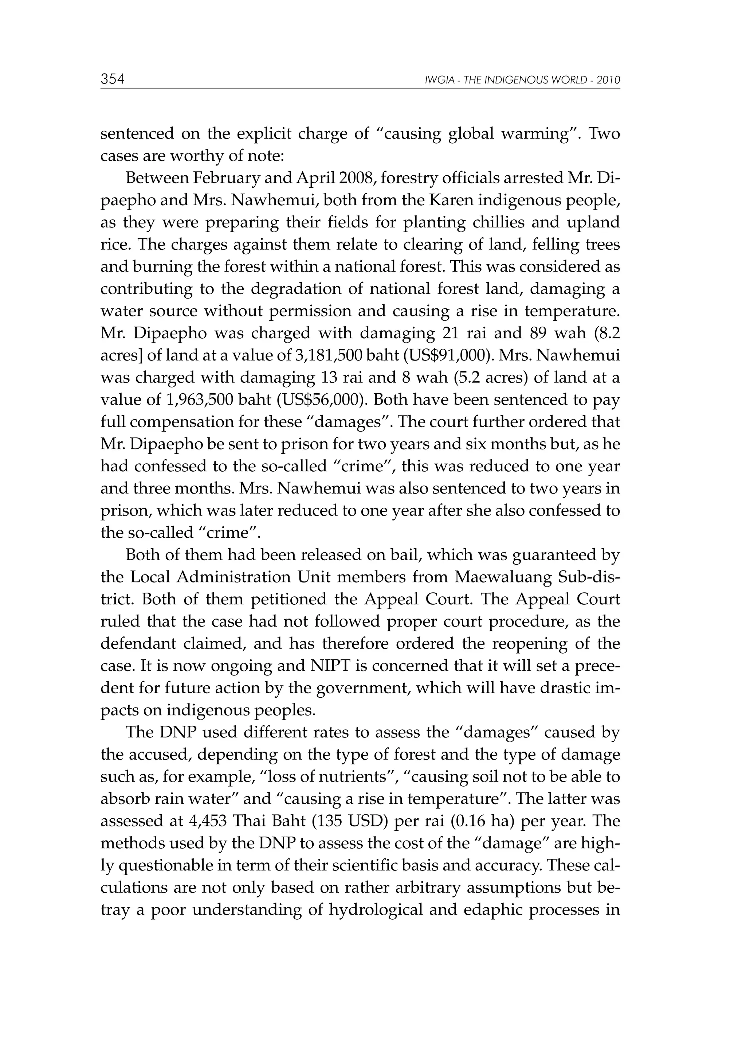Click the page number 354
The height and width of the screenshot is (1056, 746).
[112, 79]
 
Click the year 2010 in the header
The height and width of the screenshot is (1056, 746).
[609, 81]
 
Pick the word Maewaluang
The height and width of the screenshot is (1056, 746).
[503, 577]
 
